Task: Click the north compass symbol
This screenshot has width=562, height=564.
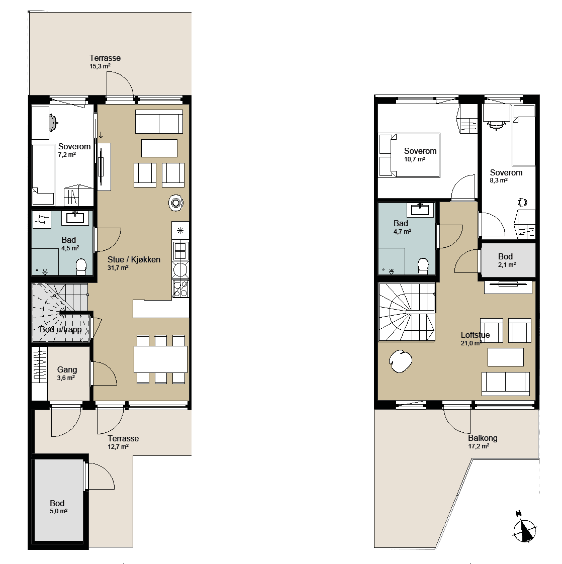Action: point(524,529)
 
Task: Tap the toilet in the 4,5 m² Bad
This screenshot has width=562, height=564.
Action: point(81,267)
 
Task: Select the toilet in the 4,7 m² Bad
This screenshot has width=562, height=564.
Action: point(423,266)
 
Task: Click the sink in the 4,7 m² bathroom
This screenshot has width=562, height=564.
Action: point(420,209)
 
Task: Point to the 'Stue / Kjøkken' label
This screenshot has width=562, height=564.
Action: point(134,259)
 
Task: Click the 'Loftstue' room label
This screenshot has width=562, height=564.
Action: point(476,335)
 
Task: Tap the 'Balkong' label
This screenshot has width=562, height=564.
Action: point(483,438)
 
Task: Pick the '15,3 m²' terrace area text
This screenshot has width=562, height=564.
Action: point(100,66)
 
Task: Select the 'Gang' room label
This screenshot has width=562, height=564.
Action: point(67,369)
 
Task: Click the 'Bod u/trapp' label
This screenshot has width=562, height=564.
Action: point(60,329)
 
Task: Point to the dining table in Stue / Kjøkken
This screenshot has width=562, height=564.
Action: point(160,359)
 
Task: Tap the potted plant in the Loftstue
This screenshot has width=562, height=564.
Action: point(401,361)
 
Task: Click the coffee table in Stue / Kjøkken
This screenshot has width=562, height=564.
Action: point(159,148)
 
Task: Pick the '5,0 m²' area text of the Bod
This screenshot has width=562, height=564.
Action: point(59,511)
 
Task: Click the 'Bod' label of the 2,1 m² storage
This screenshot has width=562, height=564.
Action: point(506,256)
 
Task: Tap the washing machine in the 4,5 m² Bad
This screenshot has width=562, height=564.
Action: point(42,219)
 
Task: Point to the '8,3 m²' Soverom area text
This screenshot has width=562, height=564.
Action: point(499,180)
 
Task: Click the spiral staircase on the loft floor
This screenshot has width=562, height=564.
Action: point(407,312)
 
